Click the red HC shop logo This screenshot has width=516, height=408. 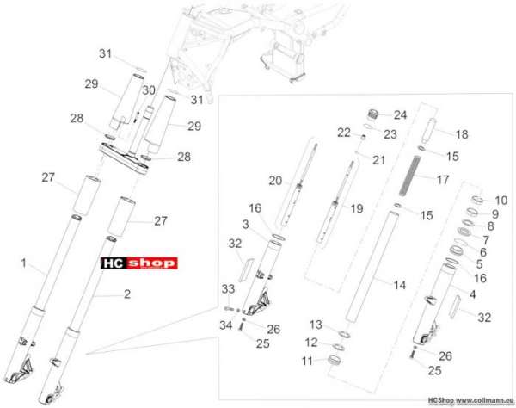(x=139, y=263)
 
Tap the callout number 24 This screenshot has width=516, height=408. (x=401, y=115)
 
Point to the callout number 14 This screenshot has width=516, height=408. (x=400, y=285)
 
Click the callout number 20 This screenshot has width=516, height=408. (x=275, y=181)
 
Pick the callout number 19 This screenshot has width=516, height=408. (x=357, y=208)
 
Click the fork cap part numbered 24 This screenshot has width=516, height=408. (x=373, y=115)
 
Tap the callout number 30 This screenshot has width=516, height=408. (x=149, y=90)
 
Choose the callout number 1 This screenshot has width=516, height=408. (x=24, y=263)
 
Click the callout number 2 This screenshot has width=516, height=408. (x=127, y=294)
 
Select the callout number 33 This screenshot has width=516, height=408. (x=228, y=289)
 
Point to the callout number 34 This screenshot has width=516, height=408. (x=226, y=325)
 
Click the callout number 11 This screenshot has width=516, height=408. (x=307, y=362)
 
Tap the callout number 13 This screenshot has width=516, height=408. (x=316, y=325)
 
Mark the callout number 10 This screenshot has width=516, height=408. (x=501, y=201)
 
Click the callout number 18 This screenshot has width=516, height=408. (x=462, y=134)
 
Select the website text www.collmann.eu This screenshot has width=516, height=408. (x=485, y=400)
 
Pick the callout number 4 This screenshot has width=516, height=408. (x=472, y=294)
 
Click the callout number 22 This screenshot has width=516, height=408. (x=344, y=133)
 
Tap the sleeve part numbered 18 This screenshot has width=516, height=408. (x=427, y=131)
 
